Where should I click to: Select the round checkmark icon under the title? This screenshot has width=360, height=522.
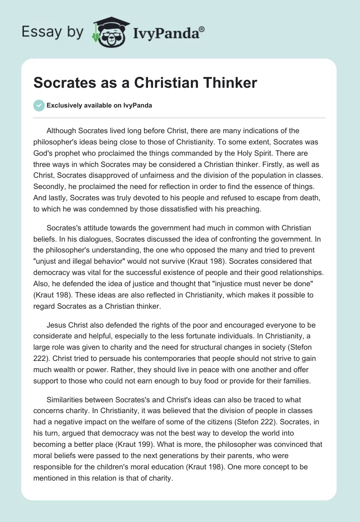click(39, 105)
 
